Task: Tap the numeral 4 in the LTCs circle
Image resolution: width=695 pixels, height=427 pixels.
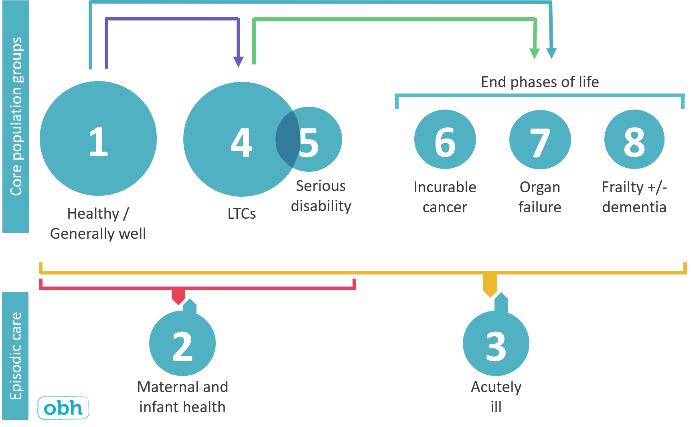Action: click(241, 142)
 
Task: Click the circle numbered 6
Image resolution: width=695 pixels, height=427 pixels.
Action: click(445, 139)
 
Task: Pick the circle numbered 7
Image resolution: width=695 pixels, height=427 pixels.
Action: click(540, 140)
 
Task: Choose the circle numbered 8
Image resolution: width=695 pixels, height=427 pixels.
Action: click(634, 139)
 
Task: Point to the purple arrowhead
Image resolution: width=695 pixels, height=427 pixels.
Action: click(239, 61)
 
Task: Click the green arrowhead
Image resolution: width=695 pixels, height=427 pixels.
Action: click(535, 53)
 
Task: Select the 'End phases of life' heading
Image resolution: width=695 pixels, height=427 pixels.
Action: click(540, 82)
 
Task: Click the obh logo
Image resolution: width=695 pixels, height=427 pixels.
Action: click(63, 408)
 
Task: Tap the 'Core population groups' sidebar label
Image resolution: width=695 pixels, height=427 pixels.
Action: click(16, 116)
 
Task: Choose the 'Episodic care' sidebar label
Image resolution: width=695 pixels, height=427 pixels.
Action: click(16, 356)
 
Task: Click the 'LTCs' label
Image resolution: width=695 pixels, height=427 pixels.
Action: click(241, 213)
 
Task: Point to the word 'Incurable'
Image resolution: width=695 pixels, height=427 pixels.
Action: click(445, 187)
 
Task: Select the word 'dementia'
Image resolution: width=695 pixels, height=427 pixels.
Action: click(634, 207)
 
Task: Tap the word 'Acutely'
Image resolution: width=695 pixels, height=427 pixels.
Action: click(496, 387)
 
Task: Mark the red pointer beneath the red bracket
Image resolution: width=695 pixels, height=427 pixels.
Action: click(178, 297)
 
